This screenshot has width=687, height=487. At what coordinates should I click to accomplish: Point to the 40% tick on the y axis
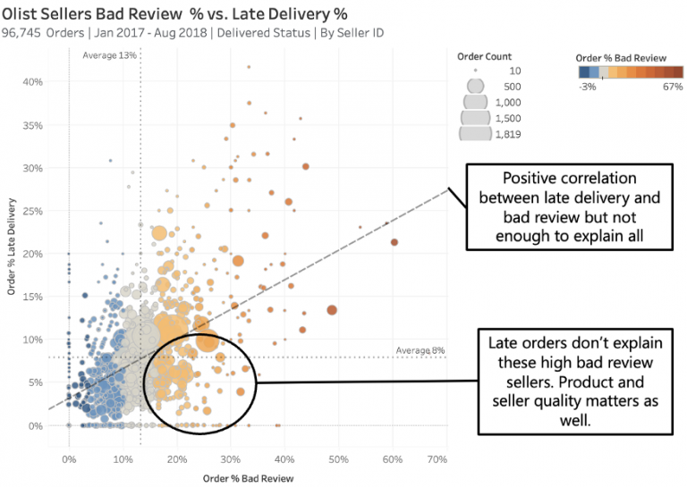tap(33, 81)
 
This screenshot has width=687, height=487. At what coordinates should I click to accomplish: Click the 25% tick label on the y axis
tap(33, 210)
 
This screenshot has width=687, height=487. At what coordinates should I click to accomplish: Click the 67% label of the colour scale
tap(673, 87)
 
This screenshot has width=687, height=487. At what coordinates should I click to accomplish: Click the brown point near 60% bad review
tap(393, 242)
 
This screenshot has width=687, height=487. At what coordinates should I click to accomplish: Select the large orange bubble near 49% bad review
tap(332, 310)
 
